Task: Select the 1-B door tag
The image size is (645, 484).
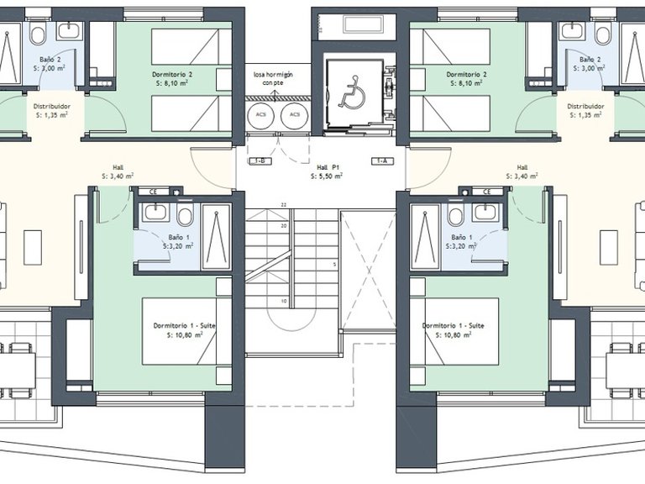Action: point(260,160)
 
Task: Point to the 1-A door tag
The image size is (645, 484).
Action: point(382,160)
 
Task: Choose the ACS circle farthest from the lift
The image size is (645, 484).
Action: point(261,115)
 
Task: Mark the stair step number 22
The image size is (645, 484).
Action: point(284,204)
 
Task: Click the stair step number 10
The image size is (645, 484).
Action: point(284,300)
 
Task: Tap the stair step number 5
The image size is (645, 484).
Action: point(333,265)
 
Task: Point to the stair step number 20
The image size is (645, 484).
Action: point(284,225)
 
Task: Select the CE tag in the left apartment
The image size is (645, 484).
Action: point(154,192)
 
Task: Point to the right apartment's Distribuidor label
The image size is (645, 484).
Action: point(585,107)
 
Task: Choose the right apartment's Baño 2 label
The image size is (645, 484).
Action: point(591,60)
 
